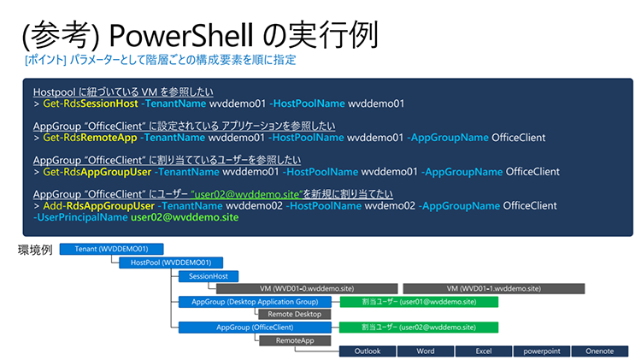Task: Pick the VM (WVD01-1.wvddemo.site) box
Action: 493,288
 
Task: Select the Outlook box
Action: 368,351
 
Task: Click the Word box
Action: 425,351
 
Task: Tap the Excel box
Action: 482,351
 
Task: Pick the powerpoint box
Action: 539,351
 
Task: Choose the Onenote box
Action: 597,351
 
